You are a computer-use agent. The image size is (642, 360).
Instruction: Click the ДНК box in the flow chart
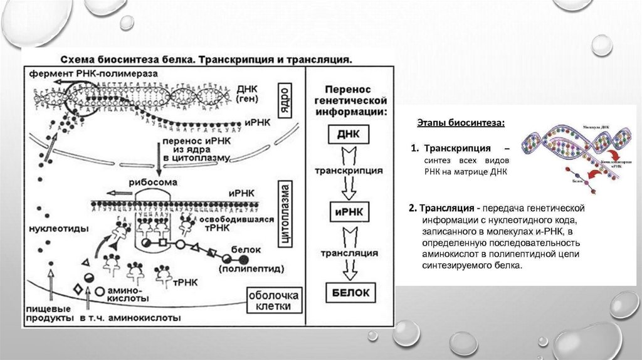click(x=349, y=134)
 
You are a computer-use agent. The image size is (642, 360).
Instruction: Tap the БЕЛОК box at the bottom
click(x=349, y=292)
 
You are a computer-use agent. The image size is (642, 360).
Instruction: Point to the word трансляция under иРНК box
click(x=349, y=253)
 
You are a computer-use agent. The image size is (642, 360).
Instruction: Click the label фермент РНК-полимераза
click(x=92, y=74)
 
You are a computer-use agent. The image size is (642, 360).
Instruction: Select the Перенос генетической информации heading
click(x=349, y=102)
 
